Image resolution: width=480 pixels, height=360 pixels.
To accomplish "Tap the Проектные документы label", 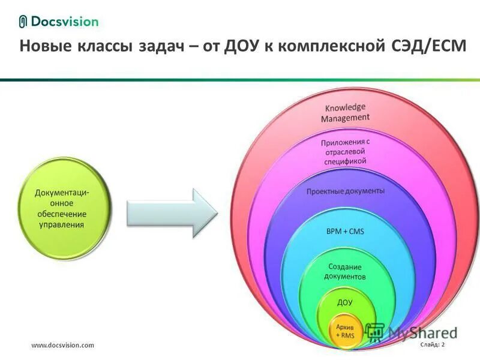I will (x=346, y=191).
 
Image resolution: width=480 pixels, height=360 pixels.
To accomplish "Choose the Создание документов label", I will (x=345, y=271).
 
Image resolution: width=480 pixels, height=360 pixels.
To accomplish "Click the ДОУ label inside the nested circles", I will (x=345, y=302).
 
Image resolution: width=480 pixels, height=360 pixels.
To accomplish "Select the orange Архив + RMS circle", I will (x=344, y=331).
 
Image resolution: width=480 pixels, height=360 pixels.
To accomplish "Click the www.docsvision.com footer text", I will (x=62, y=345).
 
